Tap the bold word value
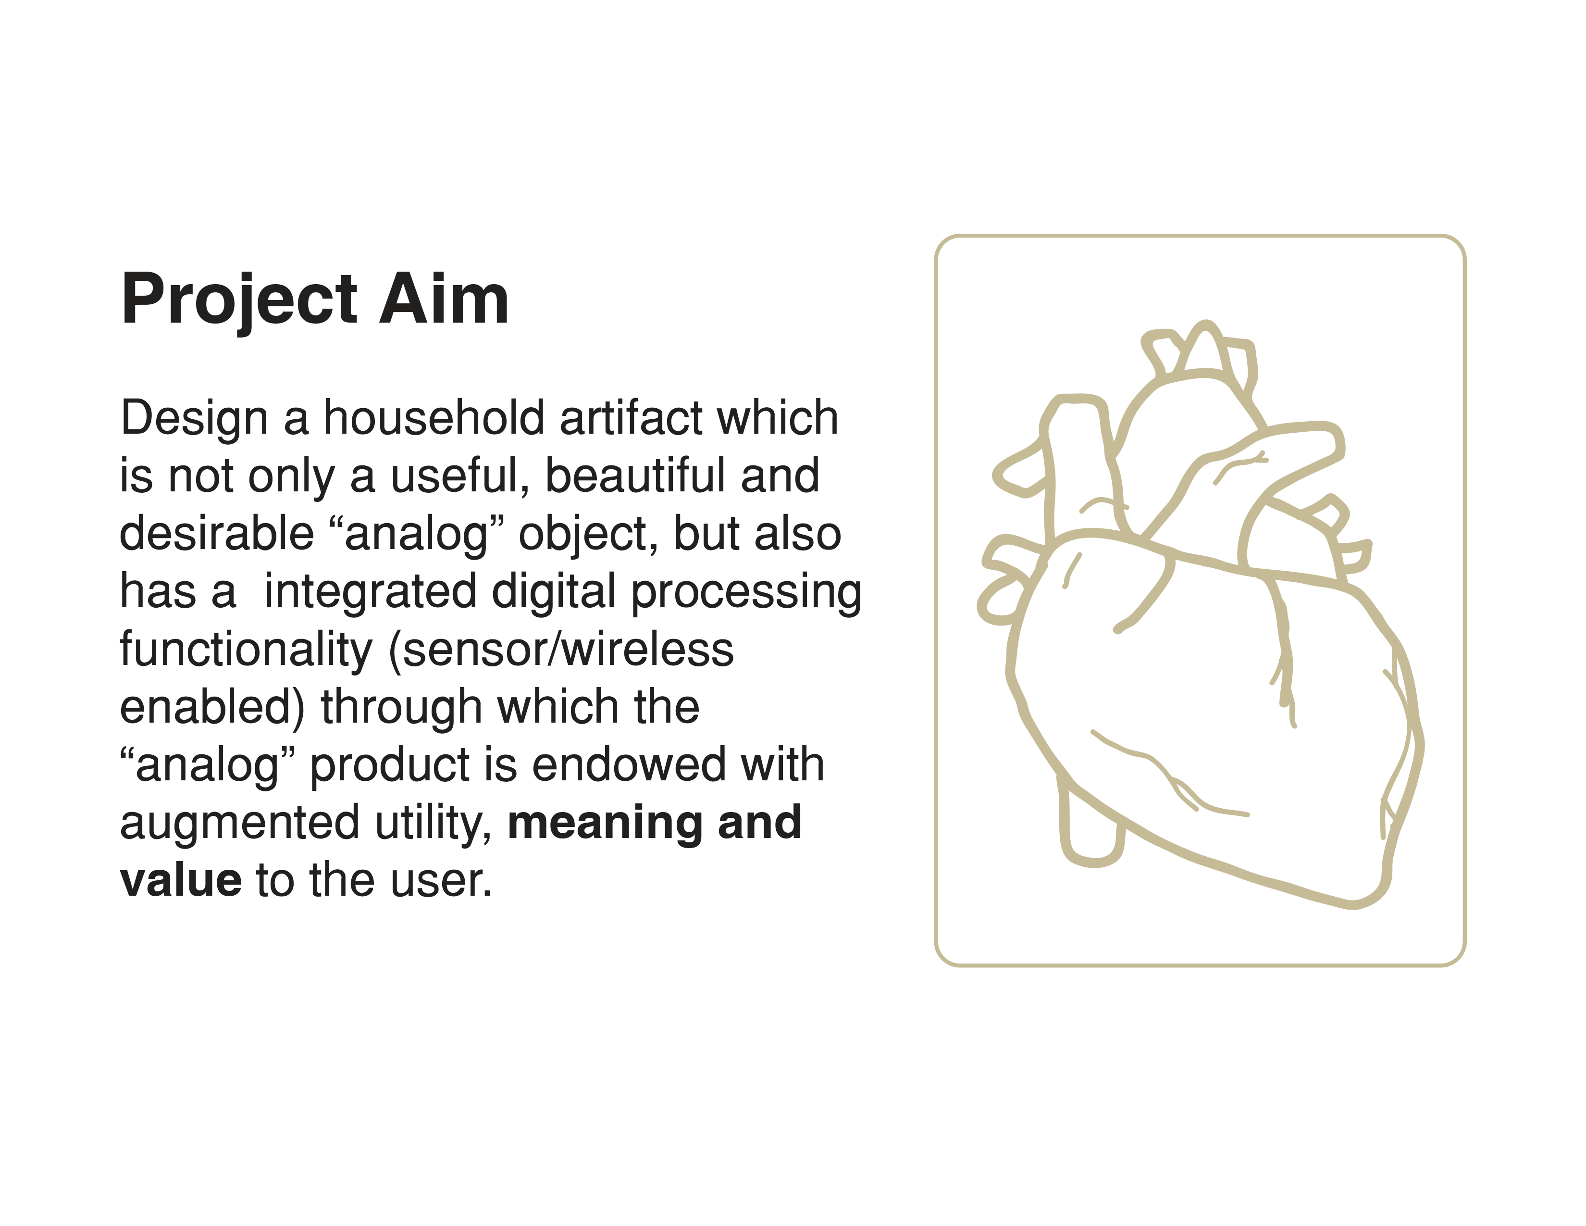[x=181, y=880]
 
